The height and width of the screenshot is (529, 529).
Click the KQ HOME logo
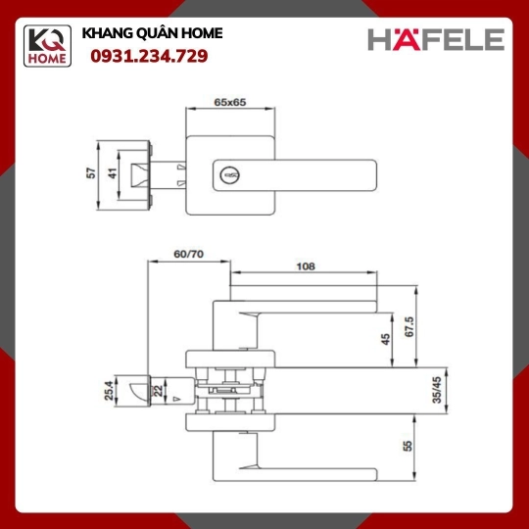[47, 46]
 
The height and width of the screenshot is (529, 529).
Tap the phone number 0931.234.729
[149, 56]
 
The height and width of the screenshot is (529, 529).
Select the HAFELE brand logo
[436, 39]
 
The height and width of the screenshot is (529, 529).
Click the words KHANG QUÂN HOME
[152, 33]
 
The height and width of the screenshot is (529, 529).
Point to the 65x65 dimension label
[230, 102]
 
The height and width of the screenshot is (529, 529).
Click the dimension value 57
[91, 173]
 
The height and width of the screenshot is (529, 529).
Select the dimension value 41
[113, 173]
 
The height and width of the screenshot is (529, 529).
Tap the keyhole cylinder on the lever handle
[230, 175]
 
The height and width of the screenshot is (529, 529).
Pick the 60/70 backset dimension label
[189, 254]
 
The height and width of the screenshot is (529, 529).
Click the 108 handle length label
[306, 266]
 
